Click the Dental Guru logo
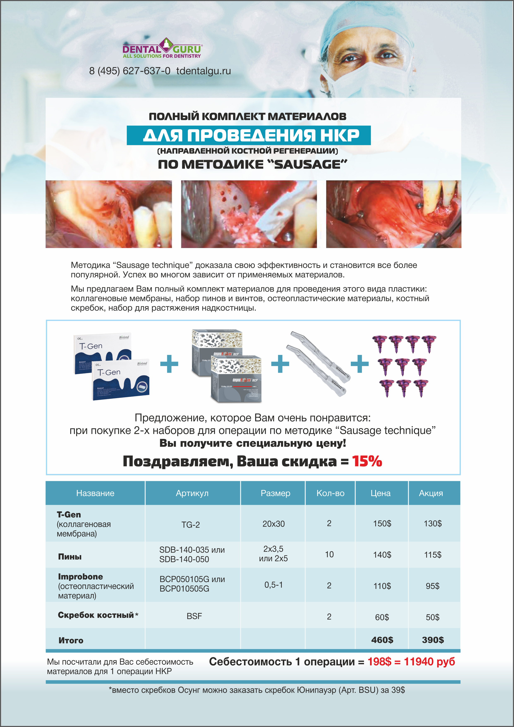pyautogui.click(x=162, y=48)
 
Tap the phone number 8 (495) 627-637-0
pyautogui.click(x=129, y=71)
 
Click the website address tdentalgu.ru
pyautogui.click(x=204, y=71)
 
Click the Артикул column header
pyautogui.click(x=192, y=493)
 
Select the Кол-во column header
pyautogui.click(x=330, y=493)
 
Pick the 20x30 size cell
pyautogui.click(x=273, y=524)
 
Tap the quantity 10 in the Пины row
pyautogui.click(x=329, y=554)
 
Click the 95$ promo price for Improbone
pyautogui.click(x=432, y=586)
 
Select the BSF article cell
pyautogui.click(x=194, y=616)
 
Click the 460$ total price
pyautogui.click(x=382, y=640)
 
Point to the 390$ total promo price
pyautogui.click(x=433, y=640)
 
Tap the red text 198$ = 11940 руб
pyautogui.click(x=411, y=662)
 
